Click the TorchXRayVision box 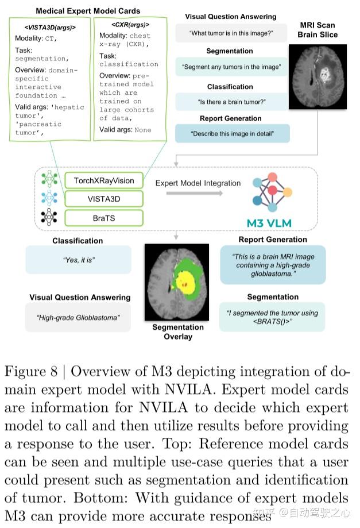coord(103,180)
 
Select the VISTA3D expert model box coord(103,199)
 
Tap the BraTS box coord(103,218)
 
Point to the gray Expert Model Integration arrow coord(194,194)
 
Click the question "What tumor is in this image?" coord(230,34)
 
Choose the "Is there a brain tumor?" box coord(231,102)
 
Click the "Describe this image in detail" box coord(232,134)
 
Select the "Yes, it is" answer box coord(78,260)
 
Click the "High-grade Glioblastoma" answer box coord(78,317)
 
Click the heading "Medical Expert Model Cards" coord(88,11)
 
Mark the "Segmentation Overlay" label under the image coord(178,332)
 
